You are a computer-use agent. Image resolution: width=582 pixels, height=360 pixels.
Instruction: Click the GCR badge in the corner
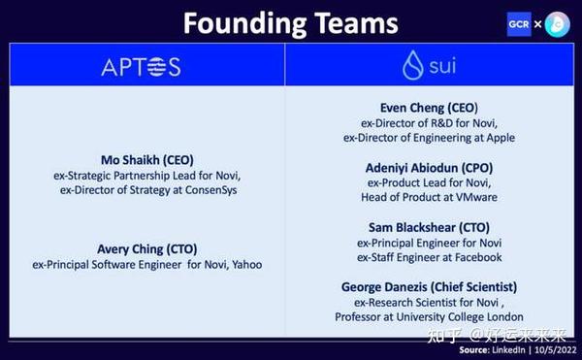click(x=518, y=23)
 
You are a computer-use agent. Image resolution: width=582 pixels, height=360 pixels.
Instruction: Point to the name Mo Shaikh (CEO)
click(x=145, y=159)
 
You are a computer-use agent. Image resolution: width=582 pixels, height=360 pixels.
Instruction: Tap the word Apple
click(x=496, y=138)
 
